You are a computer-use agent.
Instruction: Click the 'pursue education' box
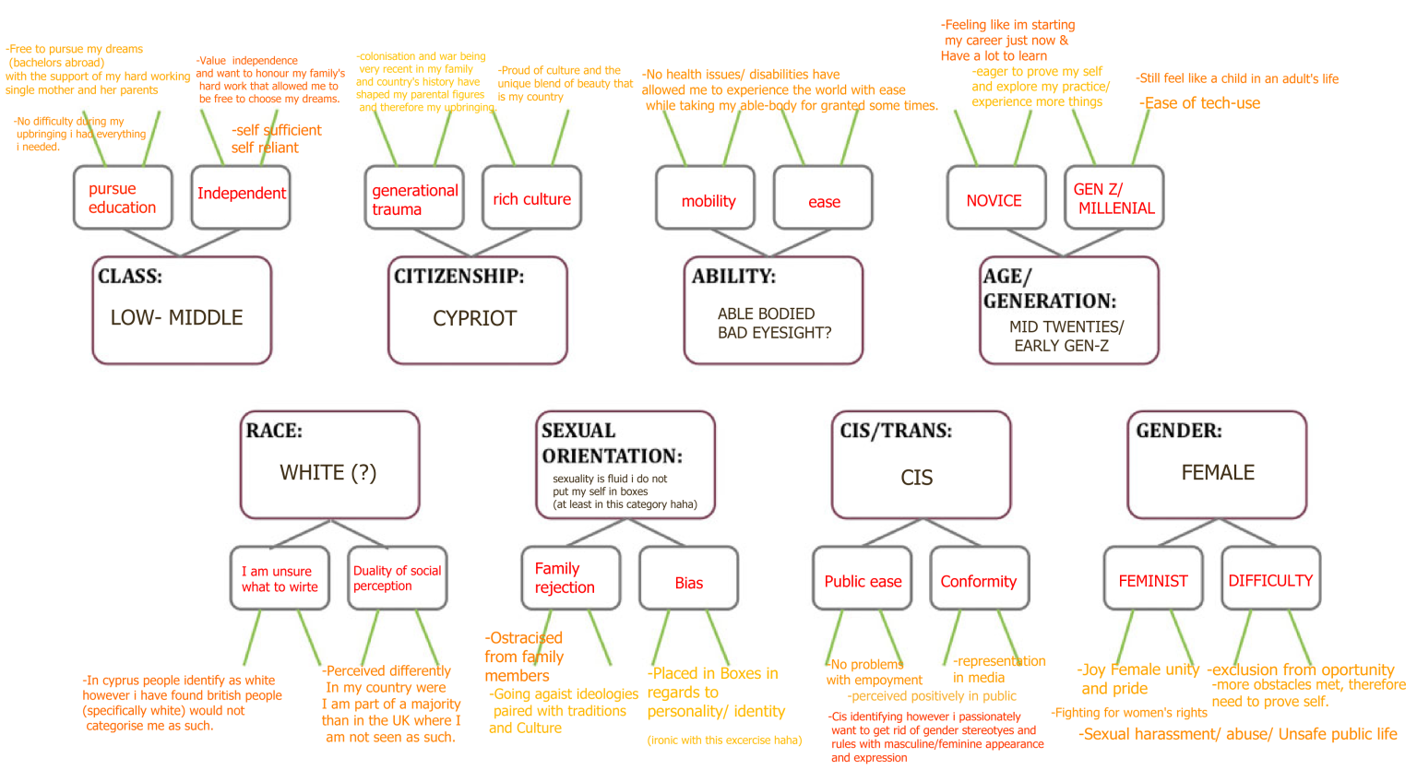coord(123,197)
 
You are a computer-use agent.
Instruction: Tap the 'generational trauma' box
coord(414,198)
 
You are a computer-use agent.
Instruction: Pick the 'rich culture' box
coord(531,198)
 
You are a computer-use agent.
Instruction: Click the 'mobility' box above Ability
coord(706,198)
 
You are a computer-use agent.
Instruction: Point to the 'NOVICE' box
coord(995,198)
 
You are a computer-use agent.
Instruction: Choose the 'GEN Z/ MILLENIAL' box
coord(1113,198)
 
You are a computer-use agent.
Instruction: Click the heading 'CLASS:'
coord(130,276)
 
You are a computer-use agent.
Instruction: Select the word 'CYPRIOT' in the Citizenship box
coord(474,318)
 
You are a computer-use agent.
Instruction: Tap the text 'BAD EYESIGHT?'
coord(774,333)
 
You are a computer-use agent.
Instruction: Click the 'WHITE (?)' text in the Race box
coord(327,472)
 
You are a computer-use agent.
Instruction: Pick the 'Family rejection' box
coord(570,578)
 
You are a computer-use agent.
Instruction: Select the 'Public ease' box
coord(863,579)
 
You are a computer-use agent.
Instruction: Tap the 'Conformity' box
coord(979,579)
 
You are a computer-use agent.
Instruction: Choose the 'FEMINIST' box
coord(1153,579)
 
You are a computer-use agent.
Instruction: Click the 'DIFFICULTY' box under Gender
coord(1270,579)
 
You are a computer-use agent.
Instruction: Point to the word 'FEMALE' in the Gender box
coord(1218,472)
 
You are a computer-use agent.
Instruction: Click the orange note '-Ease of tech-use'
coord(1200,103)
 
